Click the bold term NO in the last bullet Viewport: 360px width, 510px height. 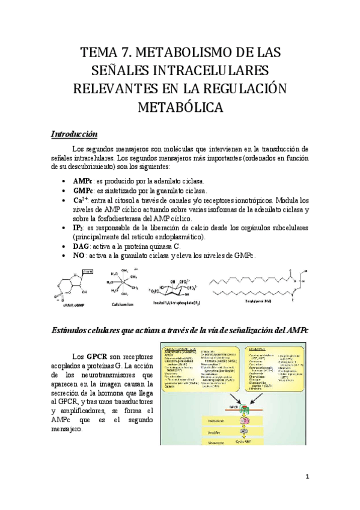[78, 256]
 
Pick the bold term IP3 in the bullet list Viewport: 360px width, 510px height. [78, 228]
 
